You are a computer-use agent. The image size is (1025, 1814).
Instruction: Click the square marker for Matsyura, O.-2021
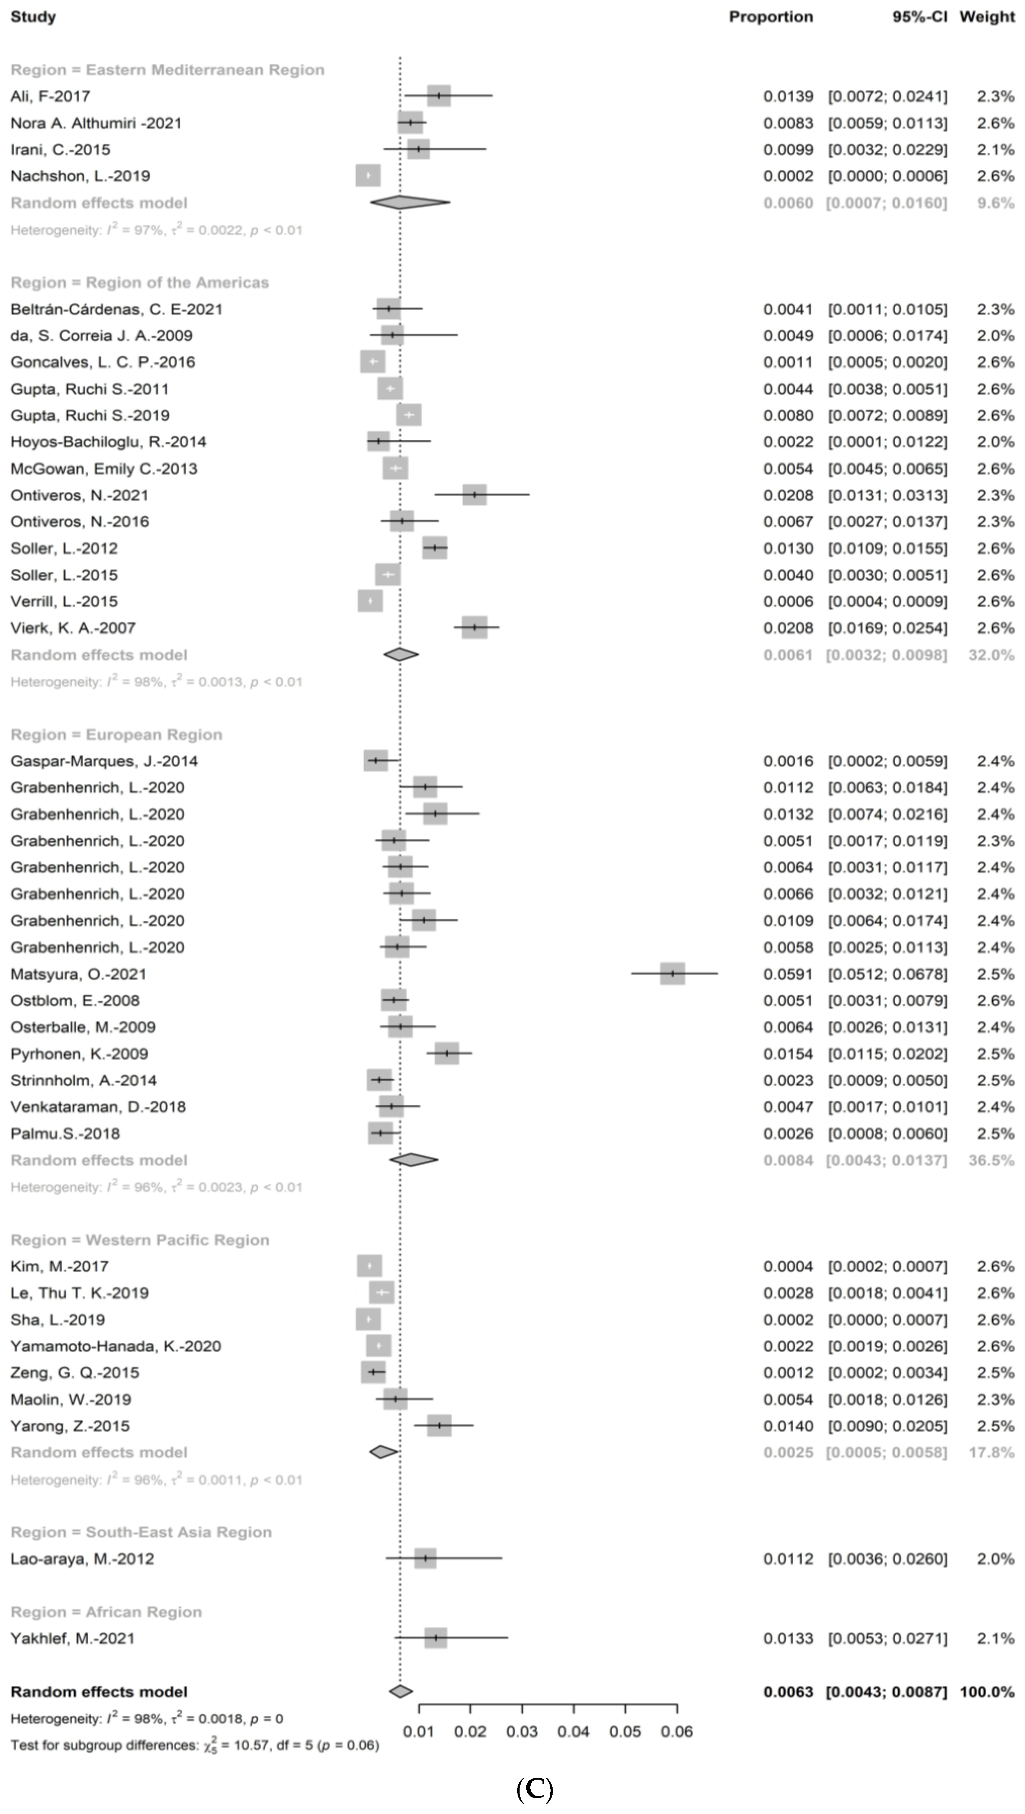point(672,974)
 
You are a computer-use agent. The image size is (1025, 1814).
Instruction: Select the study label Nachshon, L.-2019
point(80,176)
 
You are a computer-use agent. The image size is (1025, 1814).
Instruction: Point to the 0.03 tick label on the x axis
point(522,1732)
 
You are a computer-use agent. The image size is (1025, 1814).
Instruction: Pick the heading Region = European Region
point(116,735)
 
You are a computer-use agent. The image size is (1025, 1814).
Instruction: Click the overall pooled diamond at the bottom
point(401,1692)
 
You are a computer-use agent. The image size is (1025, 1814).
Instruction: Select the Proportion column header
point(771,17)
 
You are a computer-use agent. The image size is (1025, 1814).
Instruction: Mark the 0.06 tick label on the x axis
point(677,1732)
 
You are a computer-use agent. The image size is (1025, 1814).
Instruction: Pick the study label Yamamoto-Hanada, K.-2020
point(116,1346)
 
